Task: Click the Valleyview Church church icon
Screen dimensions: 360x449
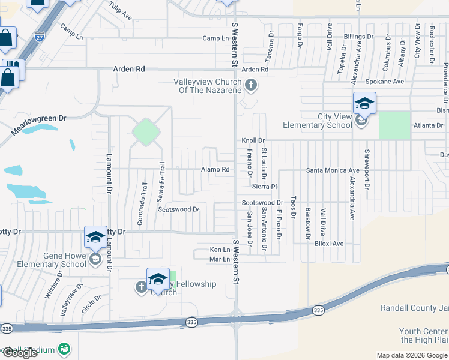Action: click(x=251, y=86)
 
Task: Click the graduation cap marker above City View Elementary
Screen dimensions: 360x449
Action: click(x=364, y=103)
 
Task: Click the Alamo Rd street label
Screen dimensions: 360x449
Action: click(x=215, y=170)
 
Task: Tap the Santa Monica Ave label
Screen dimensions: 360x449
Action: click(x=333, y=170)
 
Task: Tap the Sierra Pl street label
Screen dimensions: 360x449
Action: click(x=264, y=187)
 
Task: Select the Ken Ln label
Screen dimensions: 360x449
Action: click(x=220, y=249)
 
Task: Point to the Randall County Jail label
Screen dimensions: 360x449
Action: click(x=414, y=308)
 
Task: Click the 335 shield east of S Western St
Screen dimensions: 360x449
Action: click(x=318, y=310)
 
